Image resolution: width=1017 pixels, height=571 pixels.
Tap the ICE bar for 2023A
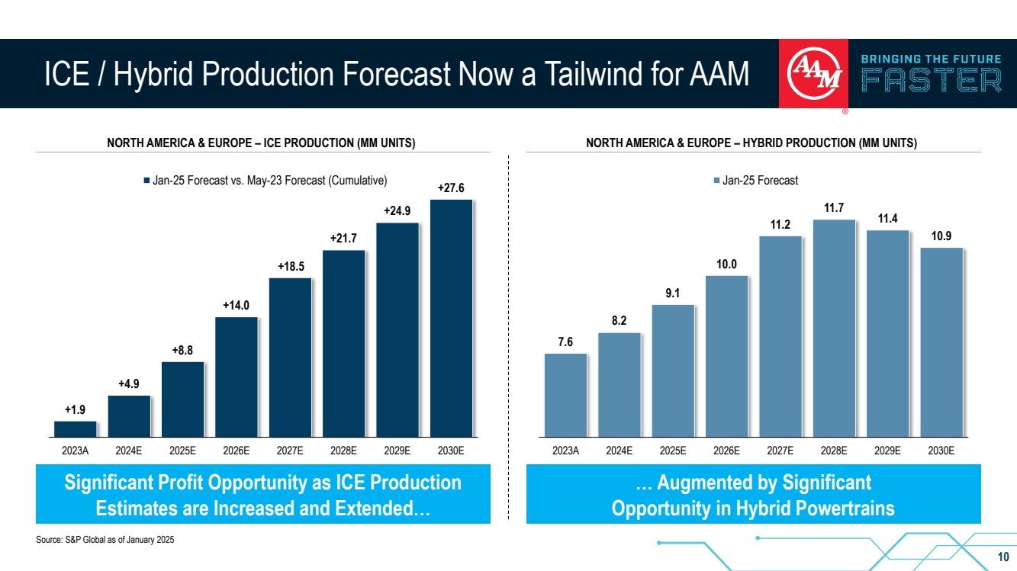tap(75, 428)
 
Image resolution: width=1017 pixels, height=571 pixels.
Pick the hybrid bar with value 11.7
tap(834, 328)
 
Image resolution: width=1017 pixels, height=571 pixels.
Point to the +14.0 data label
tap(236, 306)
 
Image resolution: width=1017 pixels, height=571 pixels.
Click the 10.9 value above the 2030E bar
tap(941, 236)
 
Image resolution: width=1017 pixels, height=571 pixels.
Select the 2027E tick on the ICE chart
tap(290, 451)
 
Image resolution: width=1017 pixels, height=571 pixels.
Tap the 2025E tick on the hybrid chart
tap(673, 451)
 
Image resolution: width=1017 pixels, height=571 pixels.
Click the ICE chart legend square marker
tap(146, 181)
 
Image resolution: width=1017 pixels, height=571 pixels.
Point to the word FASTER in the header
tap(931, 80)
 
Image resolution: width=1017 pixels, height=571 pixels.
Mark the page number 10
tap(1003, 555)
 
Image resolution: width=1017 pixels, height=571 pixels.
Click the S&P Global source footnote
tap(105, 540)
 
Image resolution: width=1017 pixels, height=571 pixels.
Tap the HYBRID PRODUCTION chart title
tap(751, 143)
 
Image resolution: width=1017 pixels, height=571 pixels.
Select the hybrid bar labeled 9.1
tap(673, 371)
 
